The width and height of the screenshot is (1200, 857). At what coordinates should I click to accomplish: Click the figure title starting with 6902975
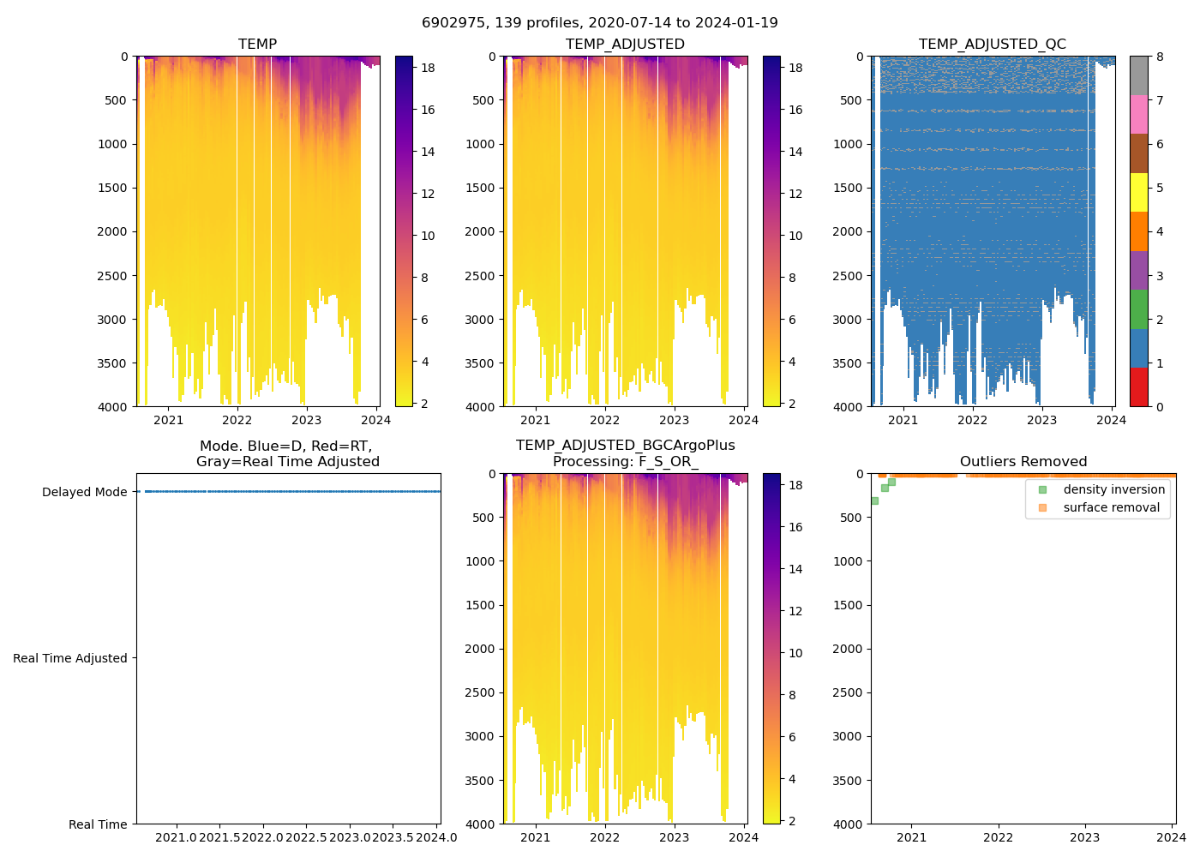pyautogui.click(x=599, y=23)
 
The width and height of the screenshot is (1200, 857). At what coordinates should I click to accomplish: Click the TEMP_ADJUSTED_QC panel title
pyautogui.click(x=992, y=45)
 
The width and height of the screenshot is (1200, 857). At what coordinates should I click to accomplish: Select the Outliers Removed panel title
pyautogui.click(x=1023, y=462)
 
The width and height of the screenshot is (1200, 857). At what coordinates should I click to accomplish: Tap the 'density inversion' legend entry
pyautogui.click(x=1113, y=489)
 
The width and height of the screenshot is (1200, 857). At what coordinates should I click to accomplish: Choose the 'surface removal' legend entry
pyautogui.click(x=1111, y=507)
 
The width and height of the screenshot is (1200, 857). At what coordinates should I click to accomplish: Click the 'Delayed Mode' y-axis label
pyautogui.click(x=84, y=492)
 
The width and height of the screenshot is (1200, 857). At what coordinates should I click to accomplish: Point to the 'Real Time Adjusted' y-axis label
pyautogui.click(x=70, y=658)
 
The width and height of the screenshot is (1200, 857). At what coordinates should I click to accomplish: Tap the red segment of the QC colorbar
pyautogui.click(x=1138, y=387)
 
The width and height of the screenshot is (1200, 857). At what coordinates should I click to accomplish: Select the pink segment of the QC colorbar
pyautogui.click(x=1138, y=114)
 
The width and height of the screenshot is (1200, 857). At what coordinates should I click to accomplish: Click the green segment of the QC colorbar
pyautogui.click(x=1138, y=309)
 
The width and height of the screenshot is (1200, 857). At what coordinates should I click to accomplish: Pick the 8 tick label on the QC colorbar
pyautogui.click(x=1160, y=57)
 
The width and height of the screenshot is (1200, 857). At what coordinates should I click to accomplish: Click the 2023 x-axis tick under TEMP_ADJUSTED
pyautogui.click(x=674, y=420)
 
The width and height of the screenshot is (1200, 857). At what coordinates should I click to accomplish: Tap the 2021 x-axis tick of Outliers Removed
pyautogui.click(x=911, y=837)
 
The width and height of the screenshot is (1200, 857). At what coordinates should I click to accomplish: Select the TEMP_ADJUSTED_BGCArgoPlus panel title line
pyautogui.click(x=625, y=446)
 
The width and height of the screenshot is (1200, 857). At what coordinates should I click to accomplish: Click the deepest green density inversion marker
pyautogui.click(x=874, y=500)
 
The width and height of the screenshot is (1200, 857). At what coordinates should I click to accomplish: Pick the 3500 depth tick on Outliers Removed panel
pyautogui.click(x=848, y=781)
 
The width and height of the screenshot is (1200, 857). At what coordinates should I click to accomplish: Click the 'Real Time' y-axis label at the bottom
pyautogui.click(x=98, y=824)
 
